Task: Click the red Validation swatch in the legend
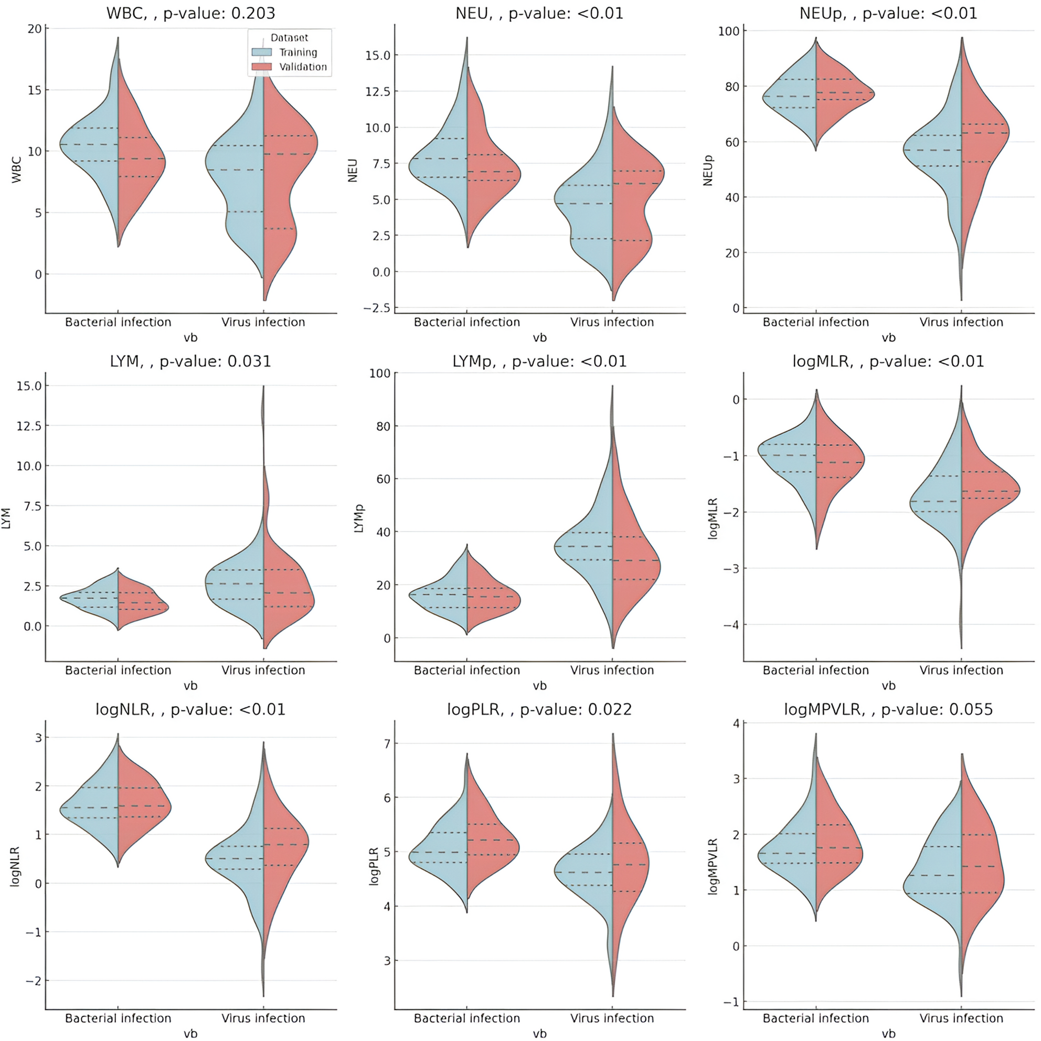(262, 67)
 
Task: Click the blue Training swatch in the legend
(262, 52)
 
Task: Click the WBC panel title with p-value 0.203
(191, 13)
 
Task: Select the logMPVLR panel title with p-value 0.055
(888, 709)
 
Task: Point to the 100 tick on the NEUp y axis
(728, 31)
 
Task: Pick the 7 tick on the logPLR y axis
(386, 743)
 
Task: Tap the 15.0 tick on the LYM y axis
(29, 386)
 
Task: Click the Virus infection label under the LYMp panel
(612, 670)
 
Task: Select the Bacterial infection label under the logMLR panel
(816, 670)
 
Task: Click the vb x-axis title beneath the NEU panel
(539, 338)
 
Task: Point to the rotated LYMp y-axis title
(359, 518)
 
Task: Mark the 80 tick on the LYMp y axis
(383, 426)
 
